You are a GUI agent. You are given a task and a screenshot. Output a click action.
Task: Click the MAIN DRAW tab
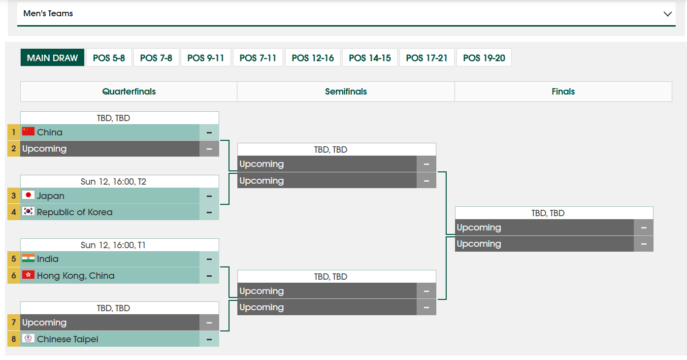pyautogui.click(x=52, y=58)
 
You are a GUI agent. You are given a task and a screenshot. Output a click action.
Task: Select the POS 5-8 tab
pyautogui.click(x=109, y=58)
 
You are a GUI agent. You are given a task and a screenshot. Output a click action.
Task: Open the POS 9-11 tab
pyautogui.click(x=205, y=58)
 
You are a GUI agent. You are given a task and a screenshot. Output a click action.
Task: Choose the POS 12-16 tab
pyautogui.click(x=313, y=58)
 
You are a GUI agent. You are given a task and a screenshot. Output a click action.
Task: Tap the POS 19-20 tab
pyautogui.click(x=484, y=58)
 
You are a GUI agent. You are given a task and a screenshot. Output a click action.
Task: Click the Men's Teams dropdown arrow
pyautogui.click(x=668, y=14)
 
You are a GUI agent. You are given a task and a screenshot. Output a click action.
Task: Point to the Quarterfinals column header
pyautogui.click(x=129, y=92)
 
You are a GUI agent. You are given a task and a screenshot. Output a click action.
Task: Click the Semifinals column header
pyautogui.click(x=346, y=92)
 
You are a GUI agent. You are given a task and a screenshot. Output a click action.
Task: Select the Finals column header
pyautogui.click(x=563, y=92)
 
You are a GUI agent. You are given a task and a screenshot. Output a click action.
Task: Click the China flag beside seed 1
pyautogui.click(x=28, y=131)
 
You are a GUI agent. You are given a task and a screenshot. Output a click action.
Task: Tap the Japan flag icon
pyautogui.click(x=28, y=195)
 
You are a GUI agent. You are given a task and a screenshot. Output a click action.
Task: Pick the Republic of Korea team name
pyautogui.click(x=74, y=212)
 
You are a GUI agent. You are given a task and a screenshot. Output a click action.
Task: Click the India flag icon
pyautogui.click(x=28, y=259)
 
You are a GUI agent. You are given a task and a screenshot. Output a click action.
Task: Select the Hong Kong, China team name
pyautogui.click(x=75, y=276)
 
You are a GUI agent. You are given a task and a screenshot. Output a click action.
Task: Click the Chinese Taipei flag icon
pyautogui.click(x=28, y=338)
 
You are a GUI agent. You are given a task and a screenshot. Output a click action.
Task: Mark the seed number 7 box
pyautogui.click(x=14, y=322)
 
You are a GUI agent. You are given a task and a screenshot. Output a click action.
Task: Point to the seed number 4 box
pyautogui.click(x=14, y=212)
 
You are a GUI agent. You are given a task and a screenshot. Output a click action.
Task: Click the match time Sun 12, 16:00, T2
pyautogui.click(x=113, y=182)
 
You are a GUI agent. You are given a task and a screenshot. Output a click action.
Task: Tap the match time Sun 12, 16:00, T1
pyautogui.click(x=113, y=245)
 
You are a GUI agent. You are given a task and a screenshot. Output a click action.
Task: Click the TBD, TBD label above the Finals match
pyautogui.click(x=548, y=213)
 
